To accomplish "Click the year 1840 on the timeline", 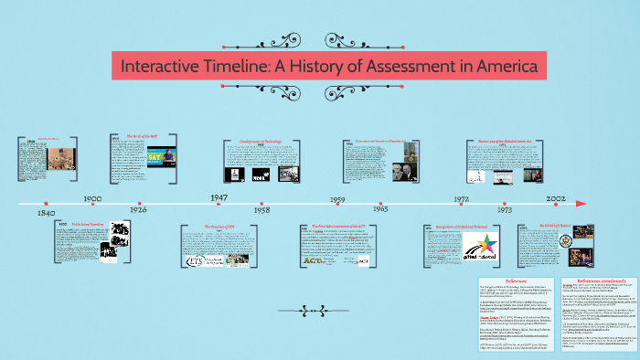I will click(x=46, y=213).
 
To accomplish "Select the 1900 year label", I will click(x=92, y=197).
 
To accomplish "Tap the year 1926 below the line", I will click(x=138, y=209).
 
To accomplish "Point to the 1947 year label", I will click(x=219, y=197).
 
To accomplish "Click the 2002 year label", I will click(x=555, y=197).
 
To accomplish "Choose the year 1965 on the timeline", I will click(x=379, y=209).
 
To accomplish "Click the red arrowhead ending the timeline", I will click(x=581, y=203).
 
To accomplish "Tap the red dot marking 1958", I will click(x=261, y=203).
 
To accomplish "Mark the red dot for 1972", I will click(x=463, y=203).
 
